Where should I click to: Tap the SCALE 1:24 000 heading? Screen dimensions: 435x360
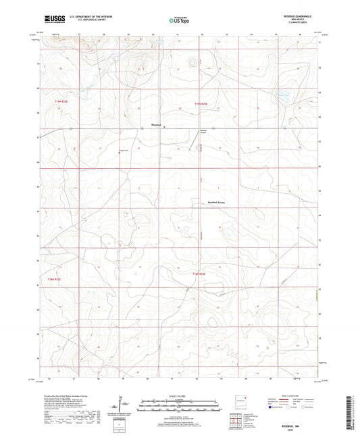(x=179, y=396)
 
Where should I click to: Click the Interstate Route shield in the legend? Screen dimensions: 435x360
(x=273, y=408)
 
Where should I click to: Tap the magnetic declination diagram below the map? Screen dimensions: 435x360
(x=124, y=407)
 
